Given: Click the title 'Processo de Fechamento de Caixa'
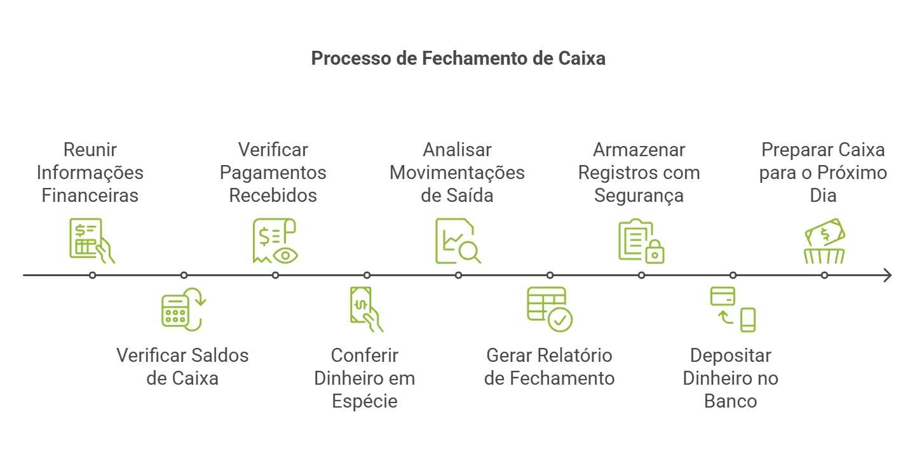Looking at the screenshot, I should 458,58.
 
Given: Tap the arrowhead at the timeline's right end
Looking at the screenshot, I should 887,275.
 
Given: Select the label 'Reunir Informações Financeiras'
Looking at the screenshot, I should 90,173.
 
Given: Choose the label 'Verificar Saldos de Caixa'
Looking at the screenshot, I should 182,366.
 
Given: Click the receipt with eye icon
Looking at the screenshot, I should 275,241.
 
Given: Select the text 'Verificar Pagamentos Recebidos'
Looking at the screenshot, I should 273,173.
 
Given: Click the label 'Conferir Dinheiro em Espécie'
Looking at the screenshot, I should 365,378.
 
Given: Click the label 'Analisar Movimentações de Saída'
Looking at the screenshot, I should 457,173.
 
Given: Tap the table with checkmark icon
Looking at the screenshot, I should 549,309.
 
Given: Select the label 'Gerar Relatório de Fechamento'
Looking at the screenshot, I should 549,366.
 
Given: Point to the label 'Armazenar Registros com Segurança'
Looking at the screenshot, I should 639,173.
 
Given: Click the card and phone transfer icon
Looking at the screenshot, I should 733,309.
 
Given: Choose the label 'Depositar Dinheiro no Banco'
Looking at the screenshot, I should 731,378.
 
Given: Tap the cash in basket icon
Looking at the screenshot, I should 824,241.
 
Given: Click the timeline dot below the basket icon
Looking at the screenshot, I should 824,275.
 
